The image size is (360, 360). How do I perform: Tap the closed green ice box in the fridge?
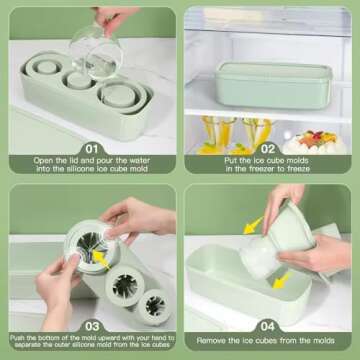click(264, 81)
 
